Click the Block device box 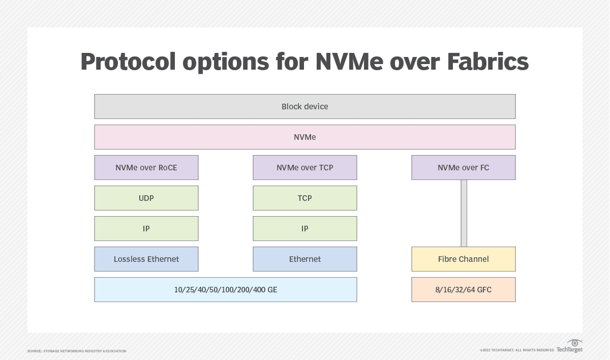[x=304, y=106]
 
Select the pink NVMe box [x=304, y=137]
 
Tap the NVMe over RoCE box [x=146, y=167]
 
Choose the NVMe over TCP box [x=304, y=167]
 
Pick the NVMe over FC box [x=463, y=167]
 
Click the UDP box [x=146, y=198]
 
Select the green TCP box [x=304, y=198]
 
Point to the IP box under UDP [x=146, y=228]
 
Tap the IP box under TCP [x=304, y=228]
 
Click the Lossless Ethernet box [x=146, y=259]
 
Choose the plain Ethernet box [x=304, y=259]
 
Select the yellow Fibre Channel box [x=463, y=259]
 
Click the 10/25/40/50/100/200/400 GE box [x=225, y=289]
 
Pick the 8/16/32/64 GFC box [x=463, y=289]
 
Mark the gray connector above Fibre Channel [x=464, y=213]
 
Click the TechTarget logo [x=570, y=347]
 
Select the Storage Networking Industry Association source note [x=77, y=351]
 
